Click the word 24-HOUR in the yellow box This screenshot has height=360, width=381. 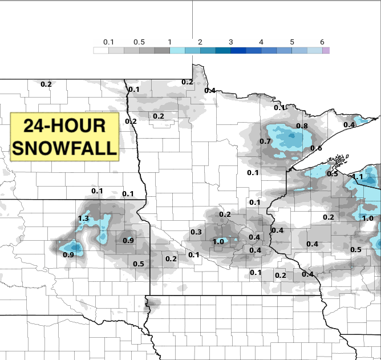(64, 126)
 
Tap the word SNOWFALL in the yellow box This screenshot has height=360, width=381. (64, 147)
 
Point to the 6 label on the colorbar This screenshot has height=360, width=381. (322, 42)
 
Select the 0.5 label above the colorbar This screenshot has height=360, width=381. (139, 42)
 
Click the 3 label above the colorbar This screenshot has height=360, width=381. (230, 42)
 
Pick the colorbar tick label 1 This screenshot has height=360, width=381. (169, 42)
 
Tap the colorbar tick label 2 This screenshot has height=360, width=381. (200, 42)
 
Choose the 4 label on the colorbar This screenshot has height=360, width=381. (261, 42)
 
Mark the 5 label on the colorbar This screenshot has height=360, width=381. (291, 42)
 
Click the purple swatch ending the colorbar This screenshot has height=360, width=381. (326, 50)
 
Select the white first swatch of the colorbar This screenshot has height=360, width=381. (101, 50)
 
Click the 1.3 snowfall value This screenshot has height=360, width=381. (83, 219)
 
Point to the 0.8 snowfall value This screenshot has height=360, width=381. (302, 126)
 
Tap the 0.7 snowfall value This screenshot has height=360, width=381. (265, 141)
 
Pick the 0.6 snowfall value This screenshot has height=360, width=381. (316, 148)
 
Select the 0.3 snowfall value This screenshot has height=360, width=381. (196, 232)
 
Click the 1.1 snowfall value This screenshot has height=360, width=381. (358, 177)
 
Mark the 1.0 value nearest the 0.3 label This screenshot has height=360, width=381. (218, 242)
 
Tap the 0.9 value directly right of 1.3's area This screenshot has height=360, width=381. (128, 241)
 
